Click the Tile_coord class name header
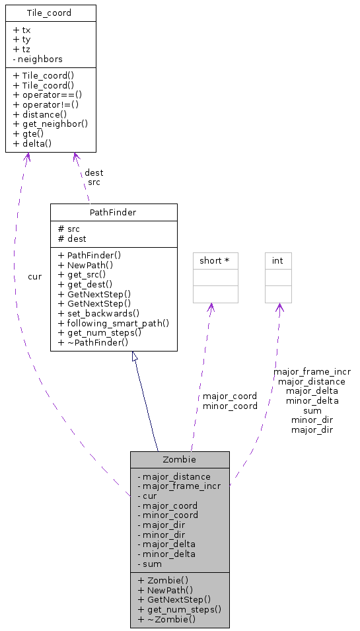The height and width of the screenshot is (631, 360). point(50,13)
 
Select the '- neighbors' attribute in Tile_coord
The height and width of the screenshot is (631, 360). point(38,59)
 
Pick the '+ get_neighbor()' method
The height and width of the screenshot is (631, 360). point(50,124)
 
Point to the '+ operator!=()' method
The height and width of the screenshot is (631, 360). point(47,104)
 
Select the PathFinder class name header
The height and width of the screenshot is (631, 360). point(113,211)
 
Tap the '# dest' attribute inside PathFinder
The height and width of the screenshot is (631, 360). point(72,239)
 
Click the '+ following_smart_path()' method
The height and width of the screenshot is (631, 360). point(114,323)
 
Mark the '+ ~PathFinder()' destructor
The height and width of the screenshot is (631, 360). point(93,342)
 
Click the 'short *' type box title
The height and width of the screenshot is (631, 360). point(215,261)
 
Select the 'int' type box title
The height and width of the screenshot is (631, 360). point(278,261)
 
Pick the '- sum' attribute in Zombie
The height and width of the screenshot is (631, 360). point(149,564)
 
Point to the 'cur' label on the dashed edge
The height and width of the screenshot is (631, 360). point(34,276)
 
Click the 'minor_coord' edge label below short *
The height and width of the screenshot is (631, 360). point(230,406)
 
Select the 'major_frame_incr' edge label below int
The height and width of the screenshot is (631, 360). point(312,372)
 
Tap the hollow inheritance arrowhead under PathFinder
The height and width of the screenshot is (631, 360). point(135,357)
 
